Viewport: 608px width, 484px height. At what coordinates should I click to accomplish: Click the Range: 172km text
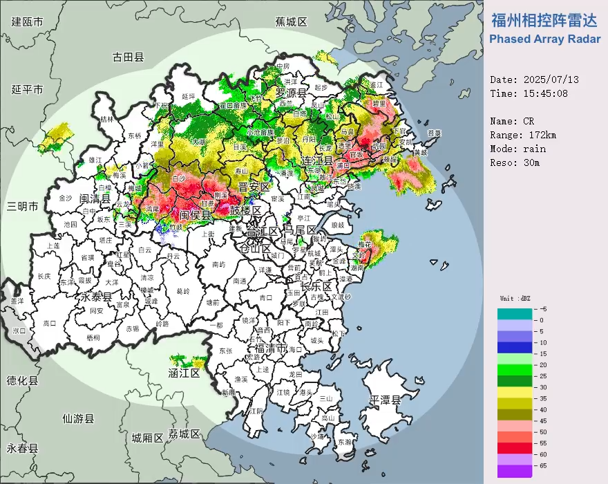(524, 135)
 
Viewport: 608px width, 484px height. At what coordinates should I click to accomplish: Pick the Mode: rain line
(518, 149)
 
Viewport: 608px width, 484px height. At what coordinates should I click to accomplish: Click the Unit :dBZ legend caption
(515, 298)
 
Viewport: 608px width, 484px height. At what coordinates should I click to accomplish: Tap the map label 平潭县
(385, 400)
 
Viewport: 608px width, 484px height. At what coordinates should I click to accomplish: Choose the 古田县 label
(129, 57)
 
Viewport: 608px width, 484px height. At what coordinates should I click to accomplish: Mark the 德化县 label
(22, 381)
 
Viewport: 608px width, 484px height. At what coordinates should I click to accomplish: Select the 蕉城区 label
(291, 21)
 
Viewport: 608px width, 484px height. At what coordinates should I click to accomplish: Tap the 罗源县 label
(291, 93)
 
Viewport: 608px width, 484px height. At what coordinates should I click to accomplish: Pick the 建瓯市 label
(28, 21)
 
